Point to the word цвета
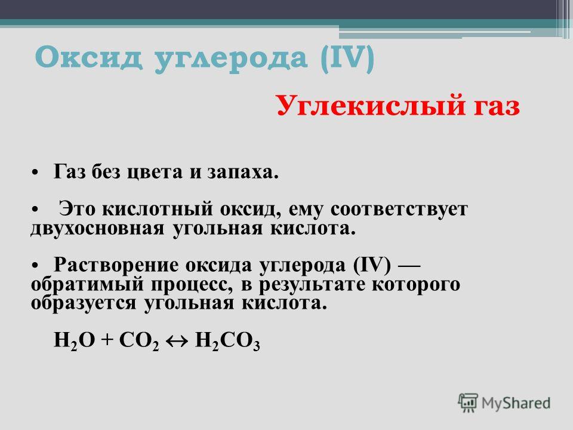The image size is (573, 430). tap(154, 173)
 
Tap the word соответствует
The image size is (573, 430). tap(399, 210)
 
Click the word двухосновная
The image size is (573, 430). tap(97, 229)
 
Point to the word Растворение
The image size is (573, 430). tap(116, 265)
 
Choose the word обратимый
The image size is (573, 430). tap(87, 284)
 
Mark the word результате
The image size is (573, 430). tap(312, 285)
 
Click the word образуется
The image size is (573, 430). tap(84, 303)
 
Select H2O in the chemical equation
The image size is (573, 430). tap(75, 340)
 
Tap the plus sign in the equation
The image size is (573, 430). tap(107, 340)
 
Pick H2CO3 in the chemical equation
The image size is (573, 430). tap(227, 341)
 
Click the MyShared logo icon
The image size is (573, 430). tap(468, 403)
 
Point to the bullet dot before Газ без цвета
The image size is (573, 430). tap(35, 173)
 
